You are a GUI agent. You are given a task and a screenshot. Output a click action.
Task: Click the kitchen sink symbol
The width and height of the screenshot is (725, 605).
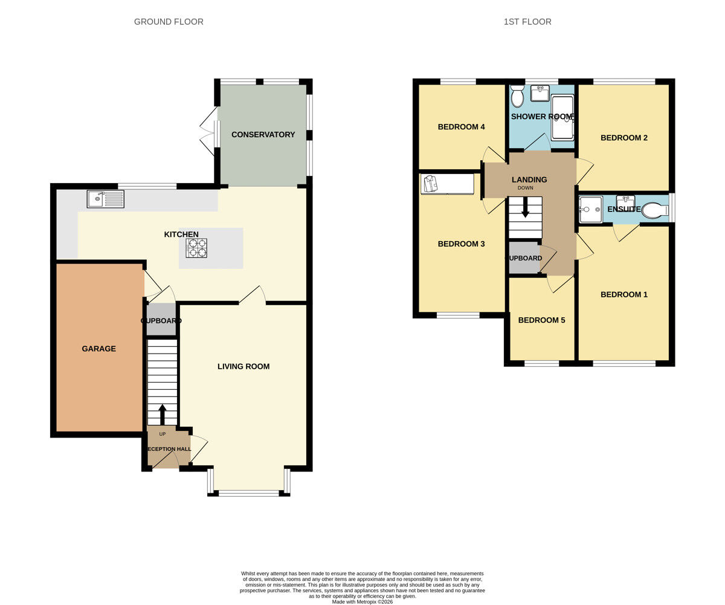click(106, 199)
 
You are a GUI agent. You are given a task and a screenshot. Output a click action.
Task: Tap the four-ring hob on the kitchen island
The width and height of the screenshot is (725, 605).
click(196, 248)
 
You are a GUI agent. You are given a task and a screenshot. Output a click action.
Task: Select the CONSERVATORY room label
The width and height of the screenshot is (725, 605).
click(263, 135)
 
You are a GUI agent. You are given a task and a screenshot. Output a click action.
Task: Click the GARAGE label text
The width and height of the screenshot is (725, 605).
click(98, 349)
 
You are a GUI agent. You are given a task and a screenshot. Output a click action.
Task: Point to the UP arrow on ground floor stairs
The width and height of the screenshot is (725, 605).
click(162, 414)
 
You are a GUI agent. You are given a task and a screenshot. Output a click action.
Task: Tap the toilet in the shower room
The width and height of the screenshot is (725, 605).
click(517, 97)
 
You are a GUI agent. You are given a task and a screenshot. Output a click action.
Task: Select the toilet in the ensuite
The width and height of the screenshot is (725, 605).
click(654, 210)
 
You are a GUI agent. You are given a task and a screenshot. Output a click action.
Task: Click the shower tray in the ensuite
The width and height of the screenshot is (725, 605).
click(590, 209)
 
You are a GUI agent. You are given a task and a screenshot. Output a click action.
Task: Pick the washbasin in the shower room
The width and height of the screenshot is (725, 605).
click(540, 93)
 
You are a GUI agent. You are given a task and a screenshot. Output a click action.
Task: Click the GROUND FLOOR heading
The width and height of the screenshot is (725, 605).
click(169, 22)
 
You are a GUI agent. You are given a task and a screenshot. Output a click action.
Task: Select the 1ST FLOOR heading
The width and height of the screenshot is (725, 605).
click(527, 22)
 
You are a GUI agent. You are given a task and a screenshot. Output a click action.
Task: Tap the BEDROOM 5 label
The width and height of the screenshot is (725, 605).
click(541, 320)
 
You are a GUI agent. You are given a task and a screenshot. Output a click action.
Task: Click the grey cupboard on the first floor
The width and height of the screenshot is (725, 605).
click(523, 257)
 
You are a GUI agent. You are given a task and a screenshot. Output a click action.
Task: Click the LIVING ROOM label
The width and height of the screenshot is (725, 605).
click(243, 366)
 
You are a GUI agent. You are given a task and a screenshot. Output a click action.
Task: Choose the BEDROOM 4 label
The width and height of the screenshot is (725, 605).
click(462, 127)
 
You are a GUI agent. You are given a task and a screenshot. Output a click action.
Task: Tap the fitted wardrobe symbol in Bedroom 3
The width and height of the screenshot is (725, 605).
click(447, 184)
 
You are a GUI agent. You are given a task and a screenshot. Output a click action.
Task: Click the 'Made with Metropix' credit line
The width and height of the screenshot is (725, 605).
click(362, 601)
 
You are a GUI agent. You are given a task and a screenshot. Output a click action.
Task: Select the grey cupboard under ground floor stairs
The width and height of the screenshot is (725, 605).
click(161, 320)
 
